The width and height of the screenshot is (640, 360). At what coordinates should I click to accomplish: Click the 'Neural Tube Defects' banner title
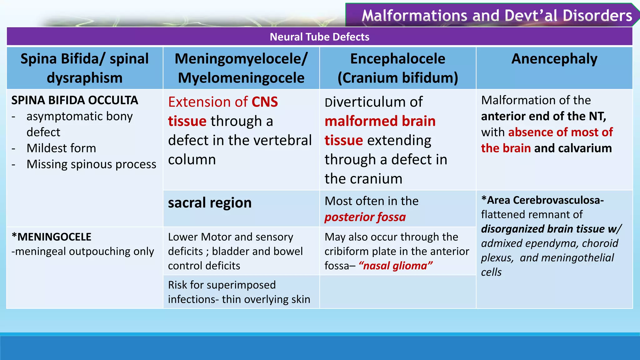click(319, 37)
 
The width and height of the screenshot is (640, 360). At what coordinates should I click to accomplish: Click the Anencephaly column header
click(554, 59)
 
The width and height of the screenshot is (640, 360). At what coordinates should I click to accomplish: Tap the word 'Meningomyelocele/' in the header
click(241, 59)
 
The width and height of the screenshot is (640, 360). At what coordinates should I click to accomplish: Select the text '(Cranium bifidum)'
click(397, 78)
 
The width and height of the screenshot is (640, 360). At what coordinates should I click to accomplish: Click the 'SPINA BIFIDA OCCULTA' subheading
click(75, 100)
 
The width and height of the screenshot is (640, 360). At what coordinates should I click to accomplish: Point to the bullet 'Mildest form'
click(61, 148)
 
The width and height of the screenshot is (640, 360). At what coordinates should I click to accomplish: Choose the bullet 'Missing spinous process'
click(91, 164)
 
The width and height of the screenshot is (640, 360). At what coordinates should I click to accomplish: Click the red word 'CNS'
click(264, 102)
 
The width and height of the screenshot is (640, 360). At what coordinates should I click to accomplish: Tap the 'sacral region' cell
click(210, 203)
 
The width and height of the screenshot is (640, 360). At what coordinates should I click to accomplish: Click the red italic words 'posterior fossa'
click(365, 217)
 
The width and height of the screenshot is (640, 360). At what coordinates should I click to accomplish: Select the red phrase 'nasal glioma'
click(396, 266)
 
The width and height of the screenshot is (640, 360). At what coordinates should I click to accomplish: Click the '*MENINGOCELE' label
click(52, 237)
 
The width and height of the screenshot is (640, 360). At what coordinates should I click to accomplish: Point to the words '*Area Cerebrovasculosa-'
click(542, 200)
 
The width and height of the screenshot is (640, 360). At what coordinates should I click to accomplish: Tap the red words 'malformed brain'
click(380, 121)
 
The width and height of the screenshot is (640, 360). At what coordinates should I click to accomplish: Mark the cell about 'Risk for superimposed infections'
click(239, 292)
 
